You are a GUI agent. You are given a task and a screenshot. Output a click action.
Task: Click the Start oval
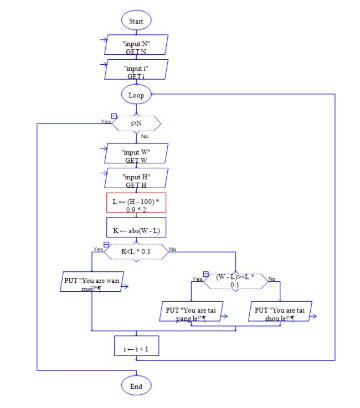(x=136, y=20)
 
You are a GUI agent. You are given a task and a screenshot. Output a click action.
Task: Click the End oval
(x=136, y=385)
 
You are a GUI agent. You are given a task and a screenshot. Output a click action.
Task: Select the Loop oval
(x=136, y=95)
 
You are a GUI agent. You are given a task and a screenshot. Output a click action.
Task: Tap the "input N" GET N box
(x=136, y=45)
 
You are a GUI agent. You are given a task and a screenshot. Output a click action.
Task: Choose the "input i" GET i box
(x=136, y=69)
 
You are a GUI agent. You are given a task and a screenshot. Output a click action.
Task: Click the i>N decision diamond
(x=136, y=123)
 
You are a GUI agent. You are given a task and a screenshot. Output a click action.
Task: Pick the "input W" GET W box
(x=136, y=153)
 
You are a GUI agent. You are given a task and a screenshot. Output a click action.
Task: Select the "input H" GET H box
(x=136, y=178)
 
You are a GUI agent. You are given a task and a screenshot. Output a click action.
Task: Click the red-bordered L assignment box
(x=136, y=203)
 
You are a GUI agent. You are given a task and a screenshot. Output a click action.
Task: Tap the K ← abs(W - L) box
(x=136, y=228)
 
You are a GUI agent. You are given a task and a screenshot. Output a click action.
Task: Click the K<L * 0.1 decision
(x=136, y=252)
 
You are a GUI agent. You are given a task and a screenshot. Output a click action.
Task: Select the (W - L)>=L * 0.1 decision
(x=235, y=282)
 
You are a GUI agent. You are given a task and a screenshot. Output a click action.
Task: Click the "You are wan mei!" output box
(x=92, y=282)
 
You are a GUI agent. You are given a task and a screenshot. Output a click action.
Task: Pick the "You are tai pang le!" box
(x=191, y=312)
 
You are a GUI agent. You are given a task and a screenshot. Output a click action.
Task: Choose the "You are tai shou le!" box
(x=280, y=312)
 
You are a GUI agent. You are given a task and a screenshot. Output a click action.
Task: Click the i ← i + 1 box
(x=136, y=346)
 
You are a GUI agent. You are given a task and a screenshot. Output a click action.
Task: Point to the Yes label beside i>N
(x=106, y=122)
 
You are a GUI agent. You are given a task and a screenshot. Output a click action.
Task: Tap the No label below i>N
(x=145, y=136)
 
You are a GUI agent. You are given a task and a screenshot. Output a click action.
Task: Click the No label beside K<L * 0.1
(x=172, y=249)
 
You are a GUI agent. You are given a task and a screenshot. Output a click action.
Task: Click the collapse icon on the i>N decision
(x=114, y=116)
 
